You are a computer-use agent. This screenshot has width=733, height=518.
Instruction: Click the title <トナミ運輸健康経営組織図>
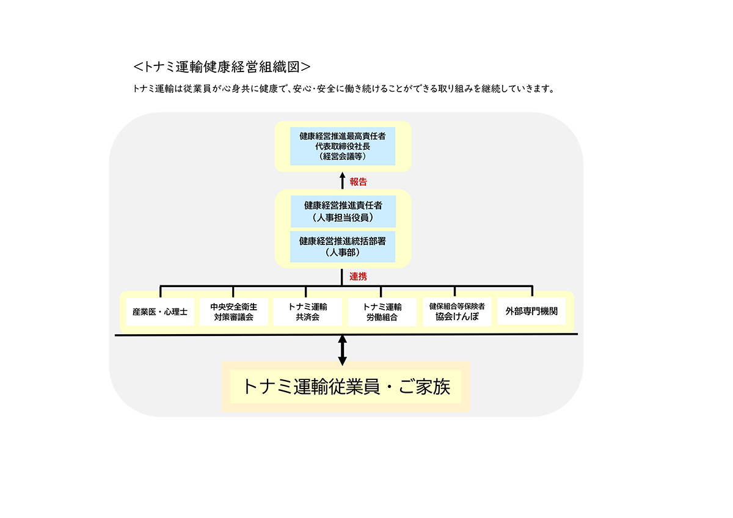(222, 67)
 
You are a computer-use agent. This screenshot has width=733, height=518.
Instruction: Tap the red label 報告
(359, 182)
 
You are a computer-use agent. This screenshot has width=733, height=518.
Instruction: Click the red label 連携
(359, 277)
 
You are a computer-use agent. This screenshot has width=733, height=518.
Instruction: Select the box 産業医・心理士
(160, 312)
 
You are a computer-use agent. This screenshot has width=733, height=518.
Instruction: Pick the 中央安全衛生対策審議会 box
(233, 312)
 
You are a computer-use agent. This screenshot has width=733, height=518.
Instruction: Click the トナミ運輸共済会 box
(308, 312)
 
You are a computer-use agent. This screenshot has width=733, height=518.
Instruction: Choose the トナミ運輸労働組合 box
(382, 312)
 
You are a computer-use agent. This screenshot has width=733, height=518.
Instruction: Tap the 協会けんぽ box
(457, 312)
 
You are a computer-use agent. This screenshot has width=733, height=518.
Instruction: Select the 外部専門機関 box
(531, 311)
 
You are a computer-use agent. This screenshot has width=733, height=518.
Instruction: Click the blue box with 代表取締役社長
(343, 146)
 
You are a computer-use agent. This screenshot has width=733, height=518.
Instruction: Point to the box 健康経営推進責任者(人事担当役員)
(343, 211)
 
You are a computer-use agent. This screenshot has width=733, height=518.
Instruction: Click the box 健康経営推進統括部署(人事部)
(343, 247)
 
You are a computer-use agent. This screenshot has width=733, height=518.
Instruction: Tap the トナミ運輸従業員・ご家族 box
(346, 387)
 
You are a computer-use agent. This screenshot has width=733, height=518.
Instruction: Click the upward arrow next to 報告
(343, 181)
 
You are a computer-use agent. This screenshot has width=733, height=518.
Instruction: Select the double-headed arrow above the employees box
(342, 350)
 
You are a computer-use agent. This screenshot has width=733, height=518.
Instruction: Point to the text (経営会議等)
(343, 156)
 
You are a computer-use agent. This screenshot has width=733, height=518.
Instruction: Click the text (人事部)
(343, 252)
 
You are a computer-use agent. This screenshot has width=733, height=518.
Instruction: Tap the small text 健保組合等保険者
(457, 306)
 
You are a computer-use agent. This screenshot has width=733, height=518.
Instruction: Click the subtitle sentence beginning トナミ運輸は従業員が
(343, 89)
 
